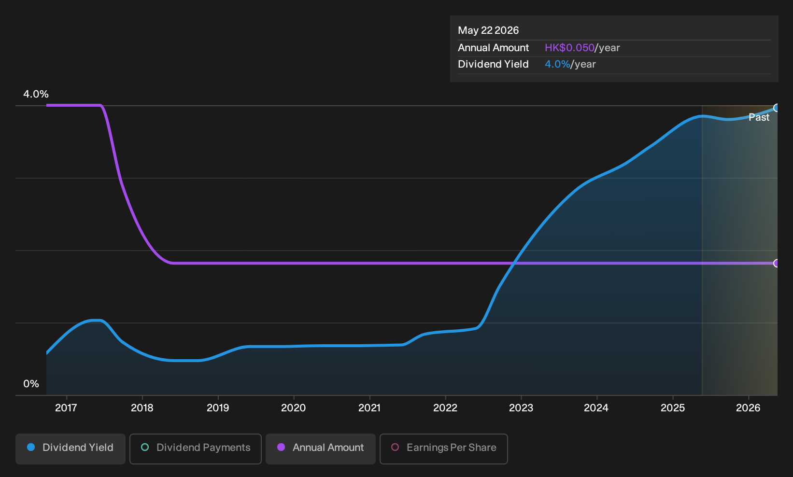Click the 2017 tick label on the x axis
coord(66,408)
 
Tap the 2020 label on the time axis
coord(294,408)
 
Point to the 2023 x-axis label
coord(521,408)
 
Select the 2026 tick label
coord(749,408)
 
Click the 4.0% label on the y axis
coord(36,94)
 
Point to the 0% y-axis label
coord(31,384)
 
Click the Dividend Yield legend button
coord(71,449)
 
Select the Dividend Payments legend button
coord(196,449)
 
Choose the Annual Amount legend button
coord(320,449)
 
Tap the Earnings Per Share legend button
coord(443,449)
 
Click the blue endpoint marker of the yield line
coord(777,108)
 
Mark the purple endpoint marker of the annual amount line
coord(777,263)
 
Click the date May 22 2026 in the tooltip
coord(488,30)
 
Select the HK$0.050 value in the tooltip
coord(569,48)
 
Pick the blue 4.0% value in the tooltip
coord(557,64)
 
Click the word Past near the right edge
coord(759,117)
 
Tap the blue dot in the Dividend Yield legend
coord(31,447)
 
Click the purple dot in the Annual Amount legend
coord(281,447)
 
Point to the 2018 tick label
coord(142,408)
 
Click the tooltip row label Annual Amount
coord(493,48)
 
